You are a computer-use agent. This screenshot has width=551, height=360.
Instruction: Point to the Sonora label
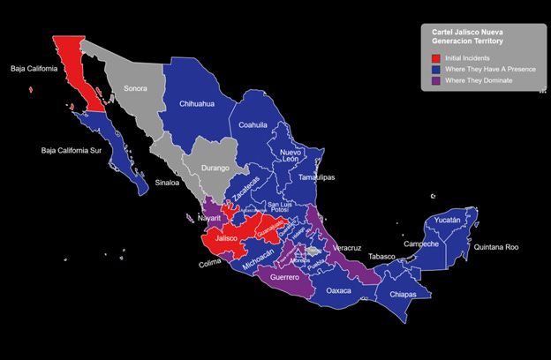click(136, 88)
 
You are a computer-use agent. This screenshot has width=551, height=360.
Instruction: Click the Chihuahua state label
click(197, 103)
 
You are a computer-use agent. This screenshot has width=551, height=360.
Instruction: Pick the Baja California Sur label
click(77, 150)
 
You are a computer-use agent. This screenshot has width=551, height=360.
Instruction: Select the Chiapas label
click(401, 294)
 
